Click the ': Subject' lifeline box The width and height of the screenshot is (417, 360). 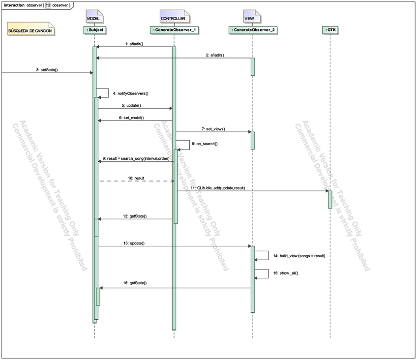point(94,30)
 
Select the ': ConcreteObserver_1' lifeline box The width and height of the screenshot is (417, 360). point(173,30)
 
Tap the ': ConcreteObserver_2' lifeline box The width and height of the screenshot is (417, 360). point(253,30)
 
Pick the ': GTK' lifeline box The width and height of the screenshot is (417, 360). point(330,30)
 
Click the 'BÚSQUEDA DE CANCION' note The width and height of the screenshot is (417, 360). point(30,30)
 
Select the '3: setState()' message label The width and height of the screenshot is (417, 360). point(47,70)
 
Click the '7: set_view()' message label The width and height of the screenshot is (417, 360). point(213,129)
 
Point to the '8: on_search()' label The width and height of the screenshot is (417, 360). point(205,144)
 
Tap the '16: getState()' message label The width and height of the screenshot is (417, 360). point(136,283)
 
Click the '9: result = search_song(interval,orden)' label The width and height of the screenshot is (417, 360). point(136,159)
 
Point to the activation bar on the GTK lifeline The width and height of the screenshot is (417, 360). point(330,199)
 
